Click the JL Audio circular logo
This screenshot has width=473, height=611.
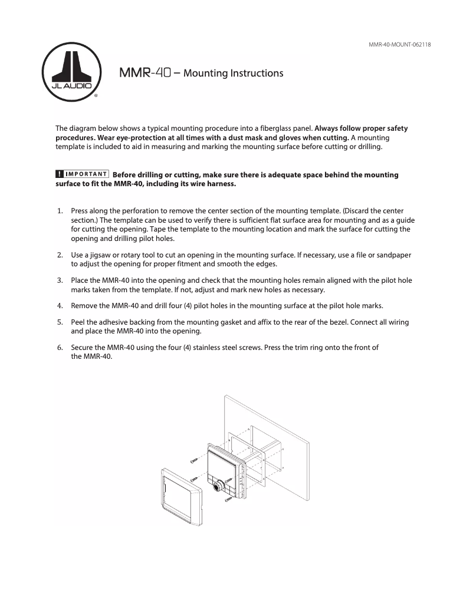[72, 71]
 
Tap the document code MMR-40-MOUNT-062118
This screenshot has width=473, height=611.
[399, 45]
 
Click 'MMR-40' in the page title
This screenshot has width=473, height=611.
[144, 73]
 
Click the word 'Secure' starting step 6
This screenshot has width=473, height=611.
[83, 347]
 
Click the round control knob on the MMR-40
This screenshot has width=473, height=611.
[219, 486]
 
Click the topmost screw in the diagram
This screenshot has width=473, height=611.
[194, 459]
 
